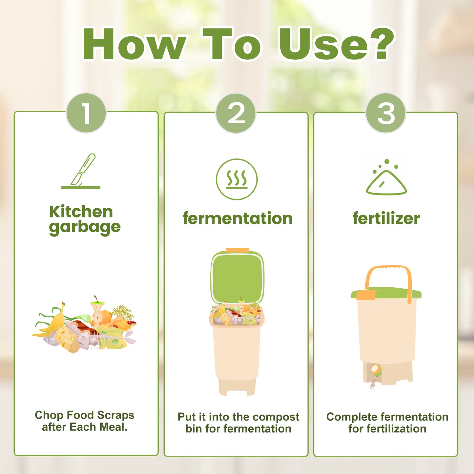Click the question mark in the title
click(384, 44)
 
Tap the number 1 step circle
click(86, 113)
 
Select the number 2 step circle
click(236, 113)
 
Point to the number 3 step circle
click(386, 113)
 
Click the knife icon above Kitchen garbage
click(82, 171)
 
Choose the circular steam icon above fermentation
click(237, 179)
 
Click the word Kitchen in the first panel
click(81, 212)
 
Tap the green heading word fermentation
click(237, 218)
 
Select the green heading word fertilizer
click(386, 218)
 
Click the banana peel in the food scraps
click(54, 321)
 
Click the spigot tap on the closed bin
click(375, 371)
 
